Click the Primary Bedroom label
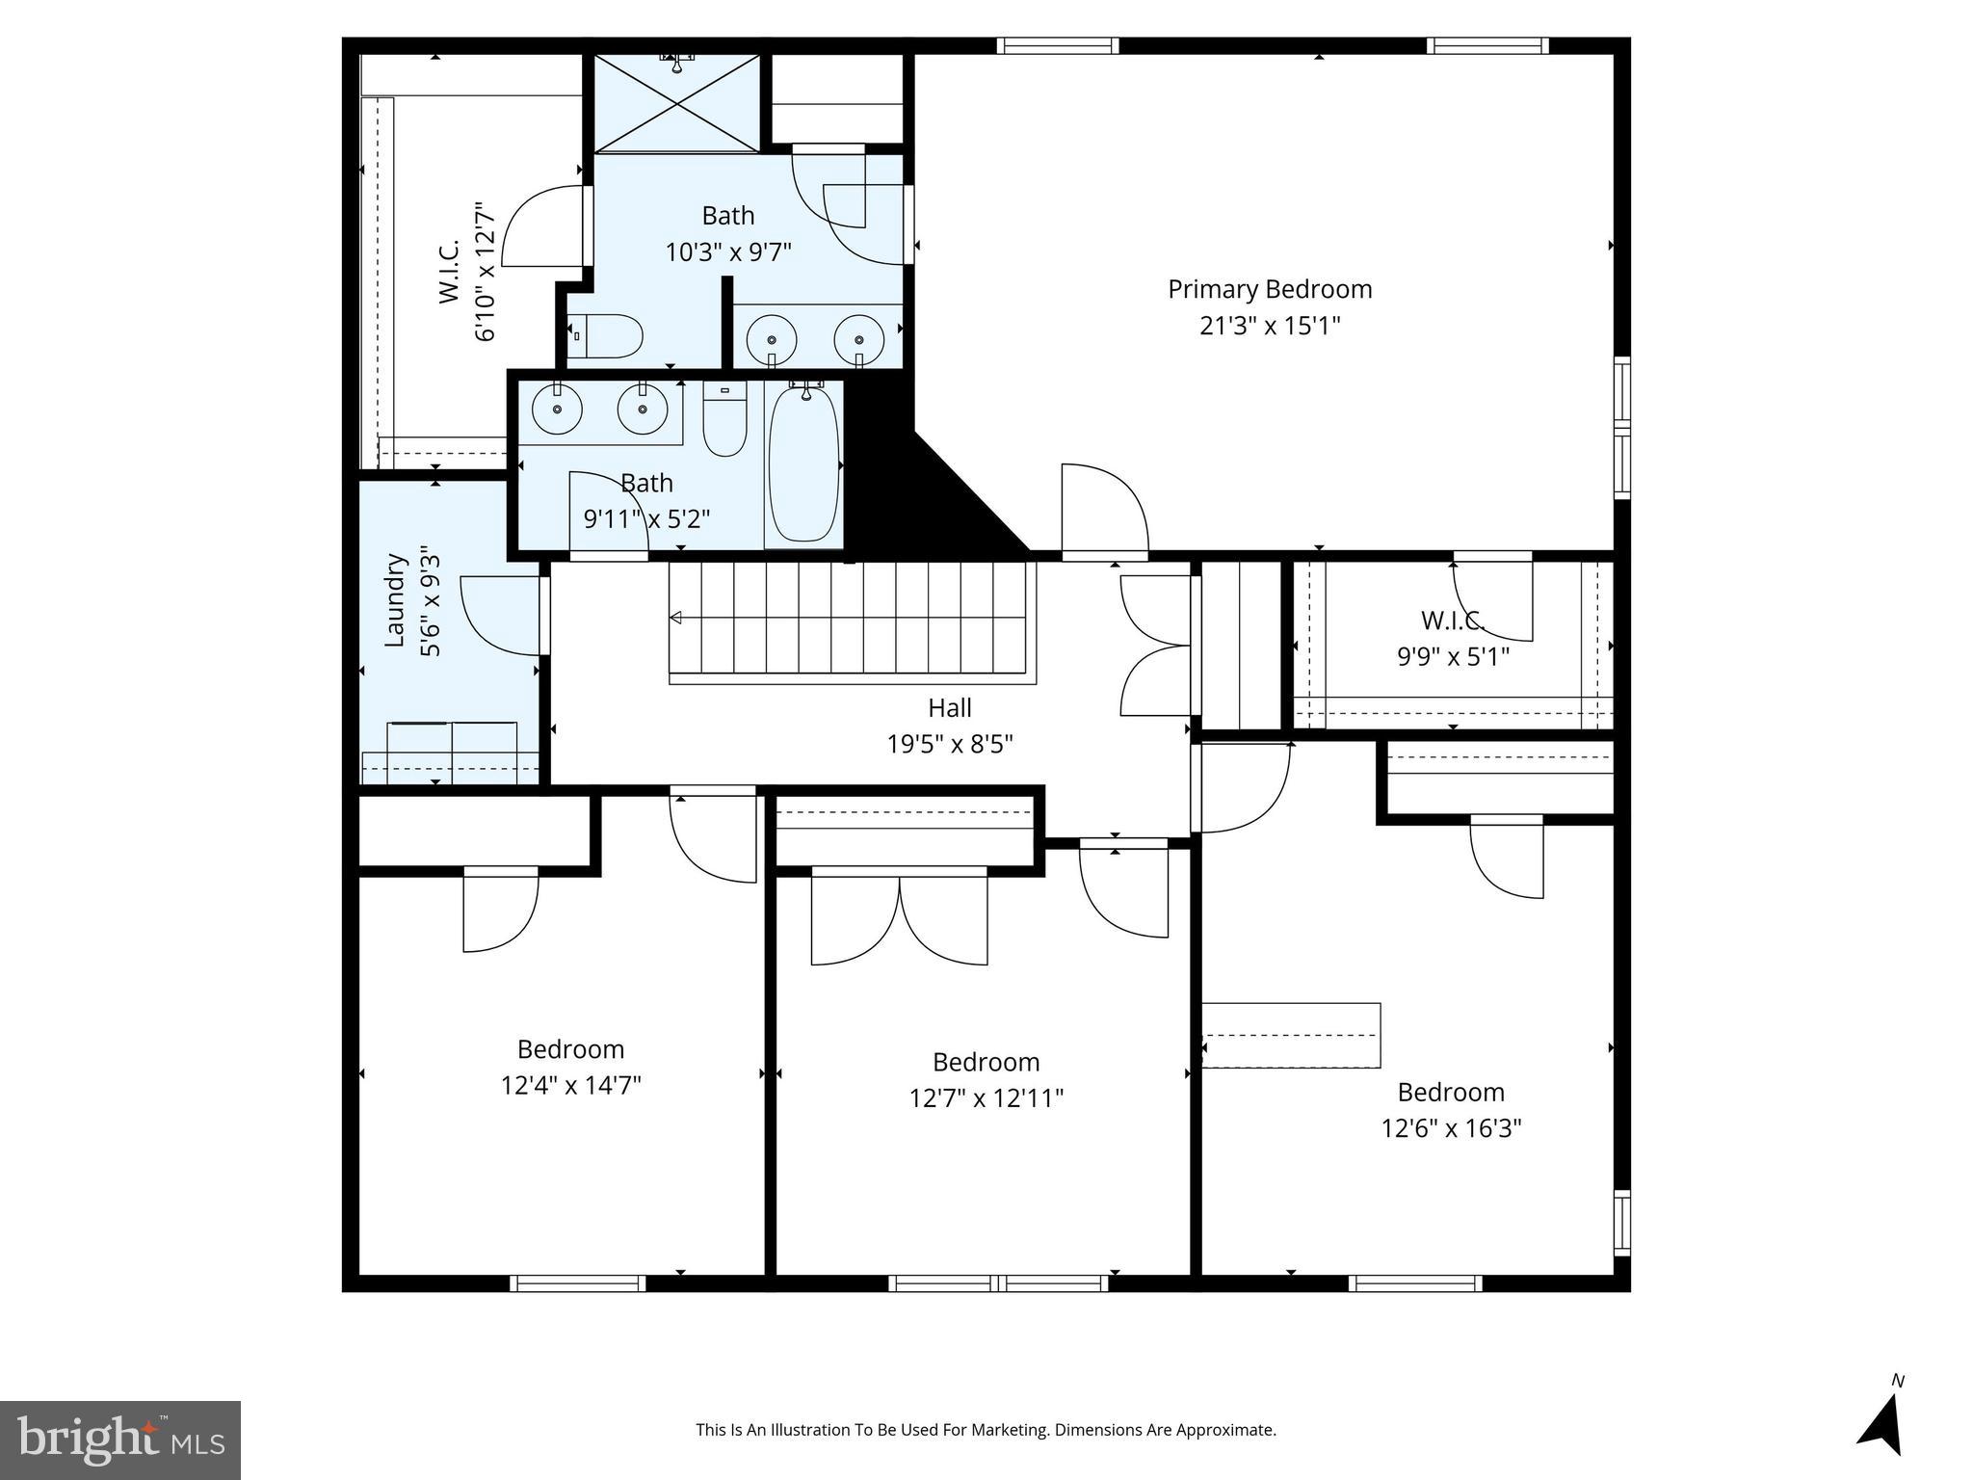(x=1270, y=290)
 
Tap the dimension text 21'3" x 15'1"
(x=1270, y=326)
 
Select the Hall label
(x=950, y=708)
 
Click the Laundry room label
(x=393, y=599)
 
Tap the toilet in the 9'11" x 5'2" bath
(x=724, y=418)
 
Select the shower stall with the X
(x=676, y=103)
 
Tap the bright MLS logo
(x=120, y=1440)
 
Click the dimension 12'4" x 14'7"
(x=570, y=1086)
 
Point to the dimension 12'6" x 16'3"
(x=1451, y=1128)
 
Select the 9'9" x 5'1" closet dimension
(x=1453, y=657)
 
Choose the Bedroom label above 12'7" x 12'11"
(x=986, y=1062)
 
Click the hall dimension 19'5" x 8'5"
(x=950, y=745)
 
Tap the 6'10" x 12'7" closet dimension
(x=485, y=272)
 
